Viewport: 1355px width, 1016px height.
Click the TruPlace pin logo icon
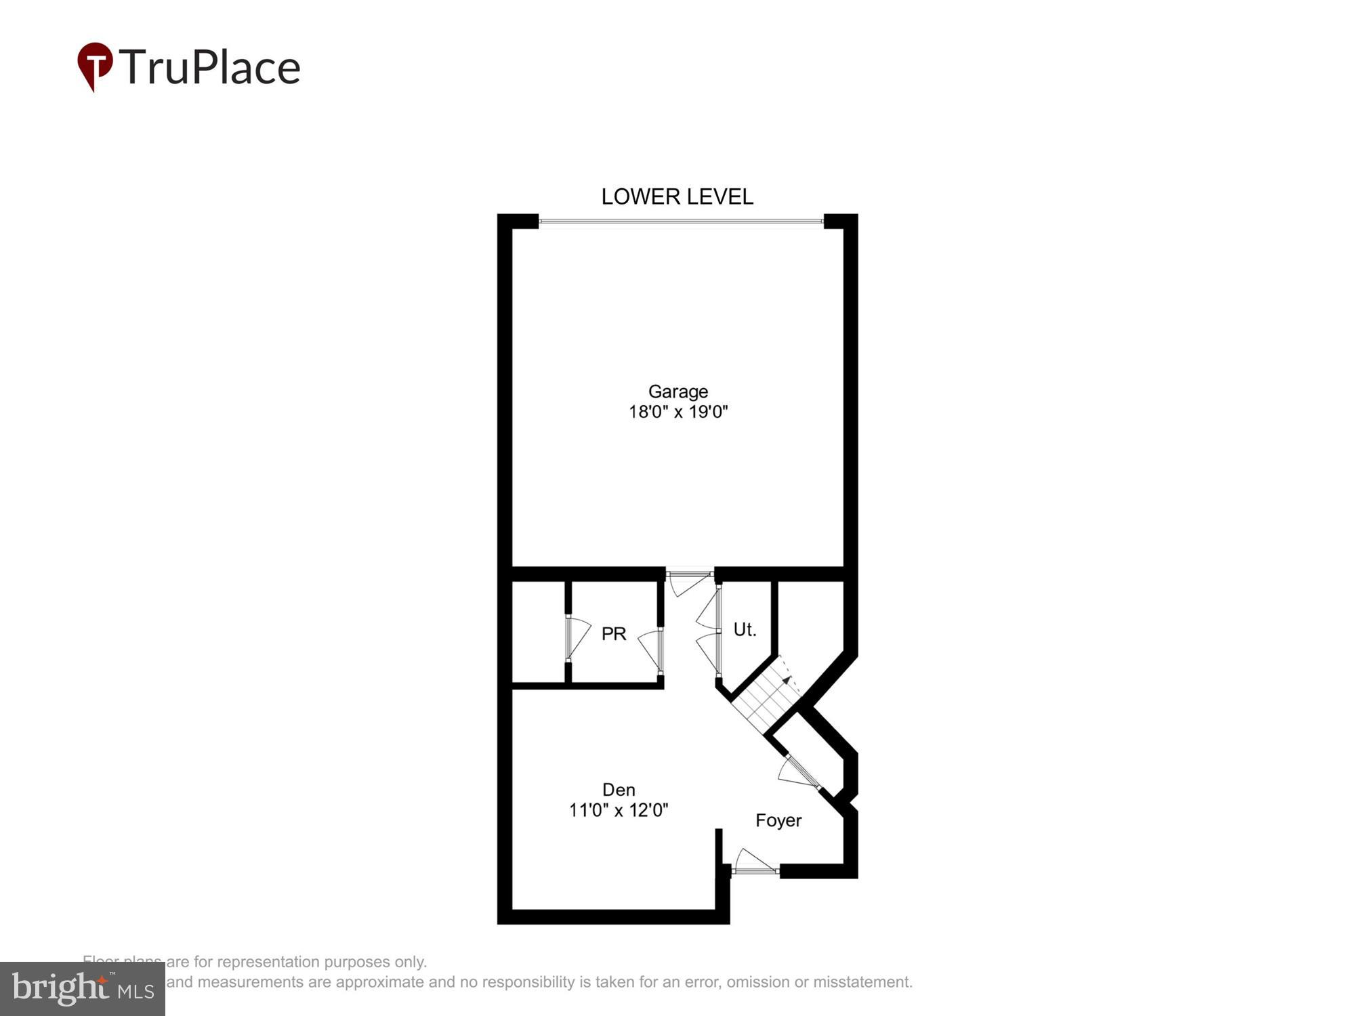click(x=95, y=66)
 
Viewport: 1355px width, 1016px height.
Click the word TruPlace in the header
click(x=210, y=68)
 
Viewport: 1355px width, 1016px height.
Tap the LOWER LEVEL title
click(x=677, y=196)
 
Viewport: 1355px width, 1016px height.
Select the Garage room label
click(x=677, y=391)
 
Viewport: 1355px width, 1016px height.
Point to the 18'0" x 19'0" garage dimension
click(x=677, y=412)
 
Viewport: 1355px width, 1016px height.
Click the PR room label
click(x=614, y=634)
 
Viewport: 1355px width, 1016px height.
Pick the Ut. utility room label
click(x=745, y=630)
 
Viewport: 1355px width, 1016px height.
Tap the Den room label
click(x=619, y=790)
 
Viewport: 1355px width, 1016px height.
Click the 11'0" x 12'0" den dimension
click(x=619, y=810)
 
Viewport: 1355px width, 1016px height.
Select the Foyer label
click(x=778, y=821)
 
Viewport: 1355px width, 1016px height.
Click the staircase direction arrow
click(x=787, y=679)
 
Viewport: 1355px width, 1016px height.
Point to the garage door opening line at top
click(x=681, y=221)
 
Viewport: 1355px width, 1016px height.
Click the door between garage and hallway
click(x=689, y=581)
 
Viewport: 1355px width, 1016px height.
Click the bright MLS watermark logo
click(x=83, y=989)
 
